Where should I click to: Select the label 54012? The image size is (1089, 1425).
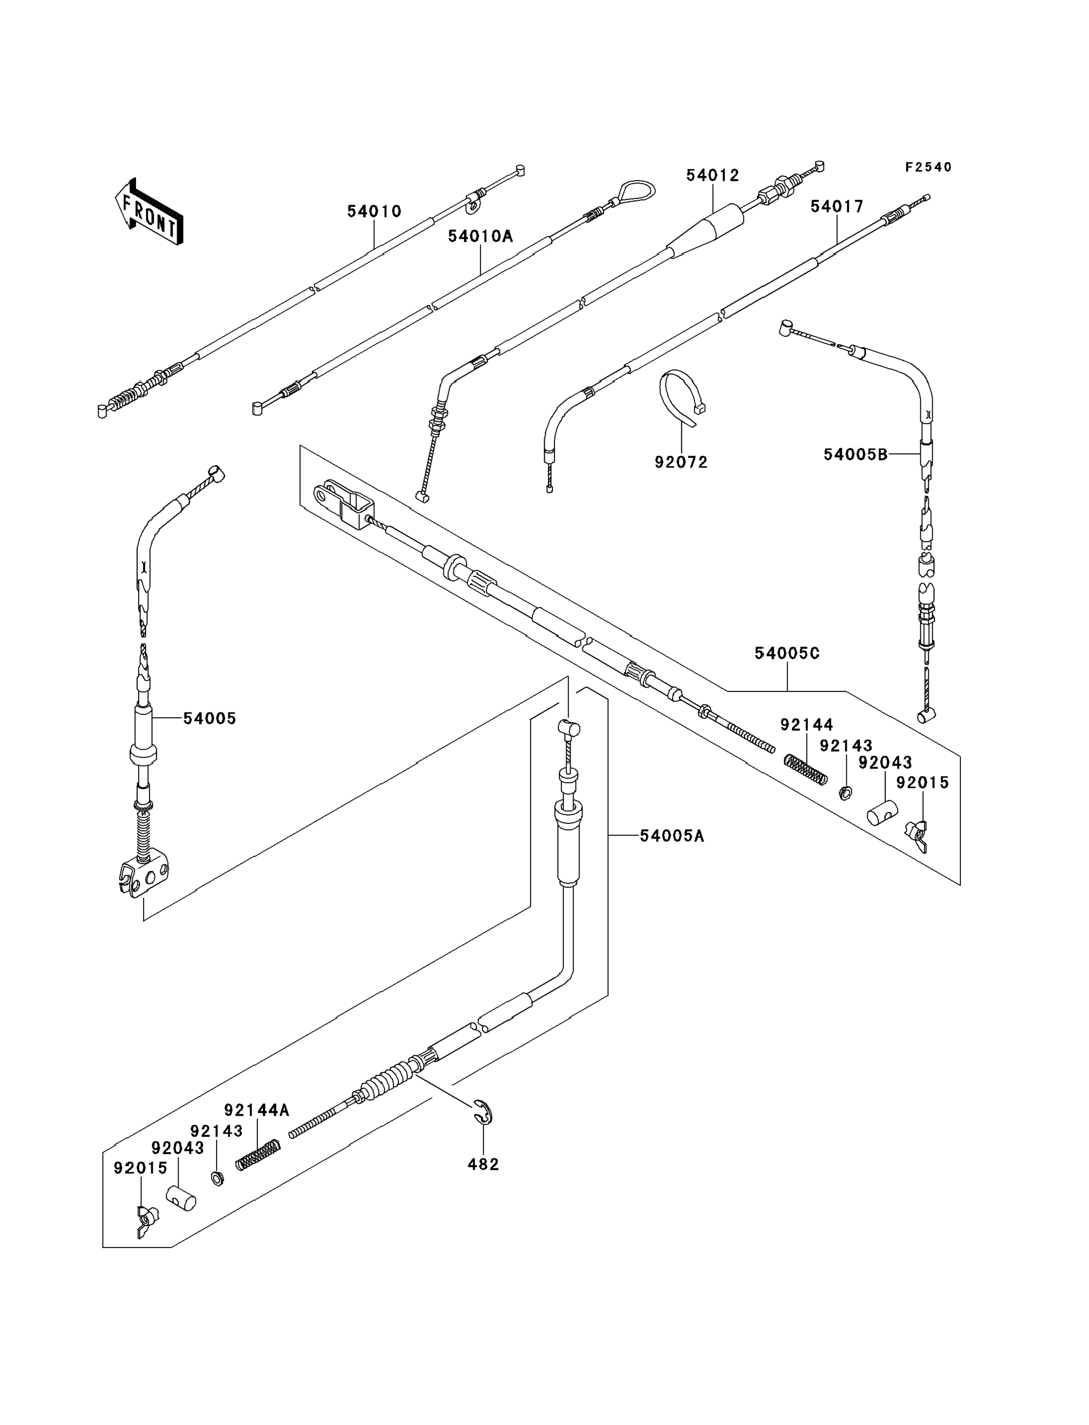(x=712, y=176)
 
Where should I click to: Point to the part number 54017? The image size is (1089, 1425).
(x=837, y=207)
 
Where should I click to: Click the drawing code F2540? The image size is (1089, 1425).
(x=928, y=167)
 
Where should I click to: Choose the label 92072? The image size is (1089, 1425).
(x=681, y=462)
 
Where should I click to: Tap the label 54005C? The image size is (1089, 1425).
(x=787, y=654)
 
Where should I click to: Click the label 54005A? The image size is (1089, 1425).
(x=672, y=837)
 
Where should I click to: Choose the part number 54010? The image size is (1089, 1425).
(x=374, y=211)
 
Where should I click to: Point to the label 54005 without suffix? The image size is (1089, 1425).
(x=210, y=718)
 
